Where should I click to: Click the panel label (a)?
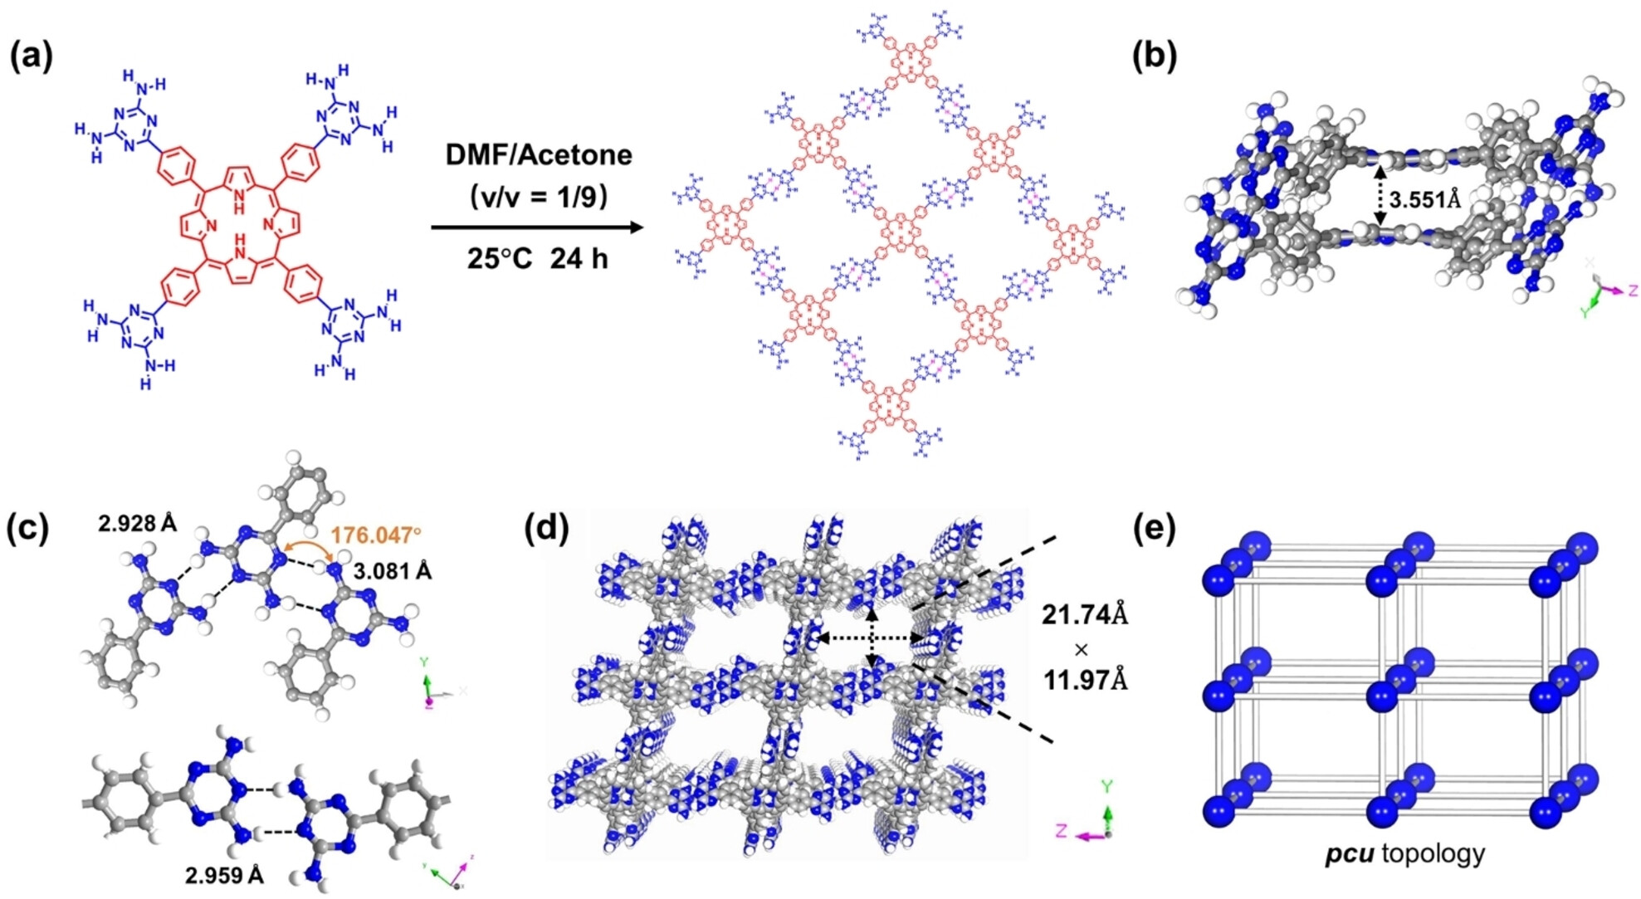point(32,56)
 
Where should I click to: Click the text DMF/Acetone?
point(538,155)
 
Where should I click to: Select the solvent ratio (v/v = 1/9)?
point(538,197)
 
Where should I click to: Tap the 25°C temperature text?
point(499,259)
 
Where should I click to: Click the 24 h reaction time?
point(579,259)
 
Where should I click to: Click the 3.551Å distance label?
point(1424,199)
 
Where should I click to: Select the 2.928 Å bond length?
point(137,523)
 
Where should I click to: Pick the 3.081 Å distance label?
point(392,571)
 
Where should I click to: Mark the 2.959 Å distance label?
point(224,875)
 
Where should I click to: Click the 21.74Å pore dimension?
point(1085,615)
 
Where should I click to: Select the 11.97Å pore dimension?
point(1085,681)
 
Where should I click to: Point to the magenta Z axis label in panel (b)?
point(1632,291)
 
